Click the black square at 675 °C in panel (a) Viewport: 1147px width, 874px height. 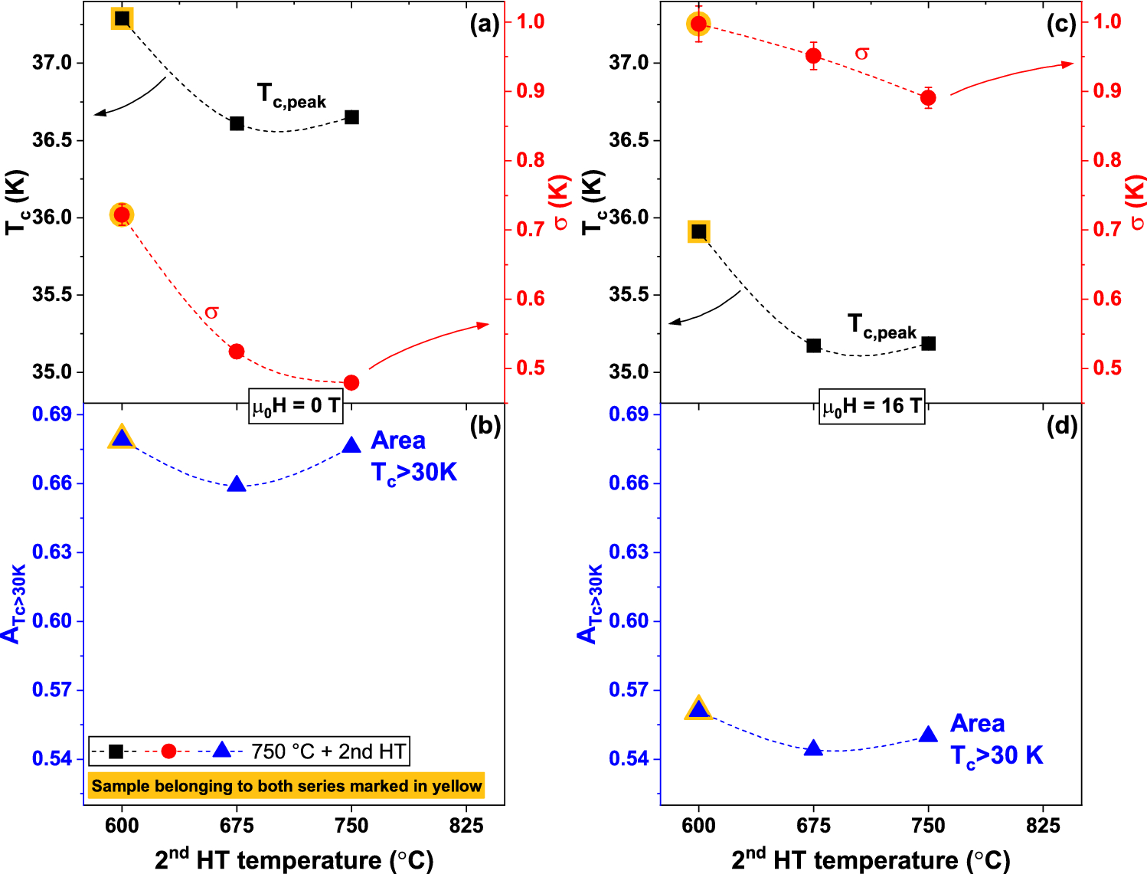(237, 123)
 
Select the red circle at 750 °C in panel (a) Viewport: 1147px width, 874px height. (351, 382)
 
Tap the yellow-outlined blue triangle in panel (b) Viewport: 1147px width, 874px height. (122, 438)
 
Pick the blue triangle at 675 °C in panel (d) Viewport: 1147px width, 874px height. (813, 748)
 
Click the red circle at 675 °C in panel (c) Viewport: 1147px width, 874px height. (813, 56)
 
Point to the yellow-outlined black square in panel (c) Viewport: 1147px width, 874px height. (698, 231)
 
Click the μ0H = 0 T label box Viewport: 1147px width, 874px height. (296, 406)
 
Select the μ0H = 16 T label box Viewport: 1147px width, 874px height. (871, 406)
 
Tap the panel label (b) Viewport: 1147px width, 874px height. (485, 427)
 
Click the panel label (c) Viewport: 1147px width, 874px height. (1061, 25)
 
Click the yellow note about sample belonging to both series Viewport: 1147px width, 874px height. (286, 785)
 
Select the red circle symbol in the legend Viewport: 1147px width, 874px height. (168, 751)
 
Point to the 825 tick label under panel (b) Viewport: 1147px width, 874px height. (466, 826)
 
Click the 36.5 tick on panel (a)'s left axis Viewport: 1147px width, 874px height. (52, 140)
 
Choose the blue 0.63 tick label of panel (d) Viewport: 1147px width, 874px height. (628, 552)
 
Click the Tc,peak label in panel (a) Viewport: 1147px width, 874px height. (291, 97)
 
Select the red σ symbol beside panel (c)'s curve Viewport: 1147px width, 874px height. (862, 53)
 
